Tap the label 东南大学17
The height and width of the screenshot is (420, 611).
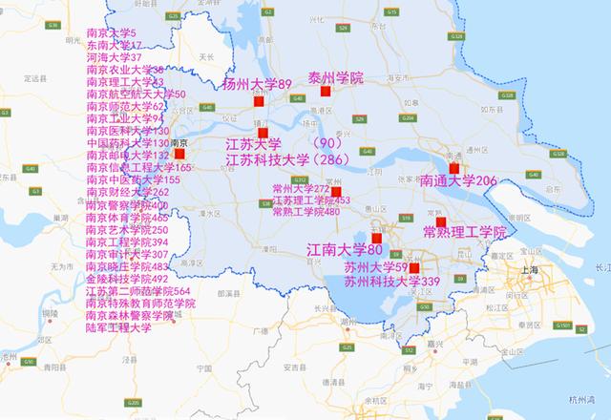[x=114, y=46]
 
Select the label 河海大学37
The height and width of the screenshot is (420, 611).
[x=114, y=58]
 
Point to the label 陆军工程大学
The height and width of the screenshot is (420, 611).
[x=118, y=327]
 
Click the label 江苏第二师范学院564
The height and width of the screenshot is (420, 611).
[x=137, y=290]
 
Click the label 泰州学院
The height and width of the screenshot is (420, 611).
[x=336, y=76]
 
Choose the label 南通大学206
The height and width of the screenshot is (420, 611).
[x=458, y=180]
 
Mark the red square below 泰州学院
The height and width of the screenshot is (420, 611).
[x=326, y=93]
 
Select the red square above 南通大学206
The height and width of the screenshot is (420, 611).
[x=454, y=168]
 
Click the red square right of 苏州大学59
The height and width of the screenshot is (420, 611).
[x=413, y=268]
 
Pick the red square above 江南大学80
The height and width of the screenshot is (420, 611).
[x=376, y=238]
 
